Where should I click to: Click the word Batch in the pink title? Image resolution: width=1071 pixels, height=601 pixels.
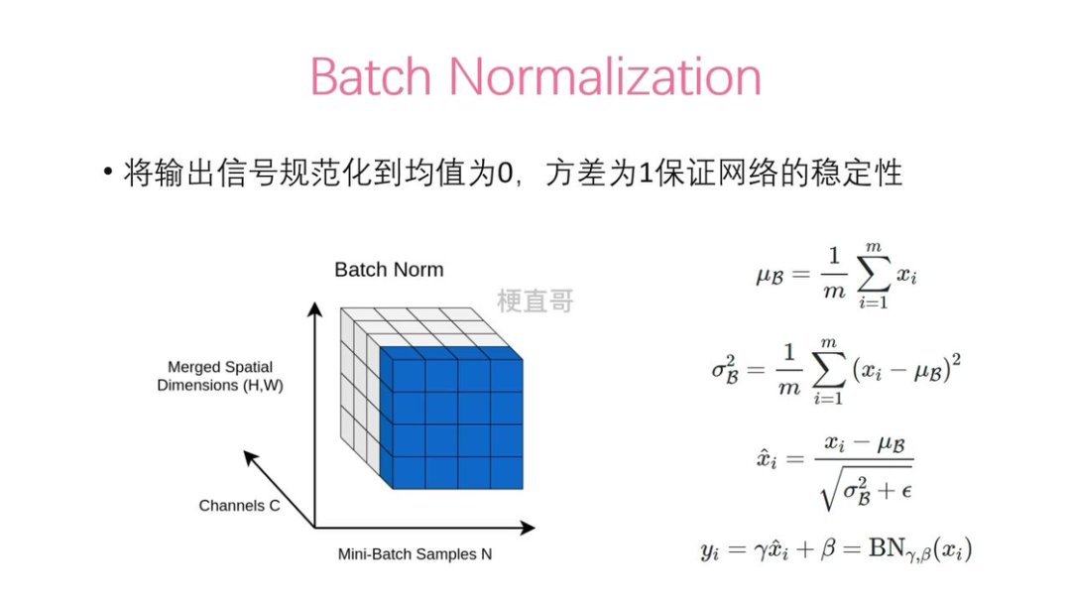point(371,75)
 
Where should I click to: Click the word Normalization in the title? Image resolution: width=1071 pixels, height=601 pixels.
point(605,75)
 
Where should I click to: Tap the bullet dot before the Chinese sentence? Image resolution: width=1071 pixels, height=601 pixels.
point(108,171)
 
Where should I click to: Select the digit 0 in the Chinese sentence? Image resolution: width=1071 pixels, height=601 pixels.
point(505,173)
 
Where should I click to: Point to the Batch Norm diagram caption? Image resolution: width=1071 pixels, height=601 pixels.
point(389,270)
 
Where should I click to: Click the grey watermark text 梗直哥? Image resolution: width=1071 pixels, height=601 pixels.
point(535,300)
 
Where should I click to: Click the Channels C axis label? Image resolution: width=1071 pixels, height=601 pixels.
point(239,506)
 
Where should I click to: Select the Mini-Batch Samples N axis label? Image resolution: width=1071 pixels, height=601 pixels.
point(415,553)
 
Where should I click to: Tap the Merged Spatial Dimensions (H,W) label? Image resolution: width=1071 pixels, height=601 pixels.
point(220,376)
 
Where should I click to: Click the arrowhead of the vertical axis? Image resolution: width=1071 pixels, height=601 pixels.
point(314,308)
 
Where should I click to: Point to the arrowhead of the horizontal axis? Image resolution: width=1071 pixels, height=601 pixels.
point(528,528)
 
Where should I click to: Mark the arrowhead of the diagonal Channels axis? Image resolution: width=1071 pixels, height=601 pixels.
point(251,457)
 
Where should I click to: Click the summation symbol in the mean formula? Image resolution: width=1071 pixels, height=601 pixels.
point(874,275)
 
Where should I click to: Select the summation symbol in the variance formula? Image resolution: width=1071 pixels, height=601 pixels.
point(828,371)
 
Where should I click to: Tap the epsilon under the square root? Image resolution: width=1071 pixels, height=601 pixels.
point(906,491)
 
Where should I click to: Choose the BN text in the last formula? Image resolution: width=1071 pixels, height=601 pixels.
point(887,547)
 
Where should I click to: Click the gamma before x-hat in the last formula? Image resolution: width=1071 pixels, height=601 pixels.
point(761,550)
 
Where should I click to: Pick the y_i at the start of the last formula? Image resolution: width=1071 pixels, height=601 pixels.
point(710,550)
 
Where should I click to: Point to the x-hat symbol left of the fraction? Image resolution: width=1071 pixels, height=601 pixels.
point(767,457)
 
